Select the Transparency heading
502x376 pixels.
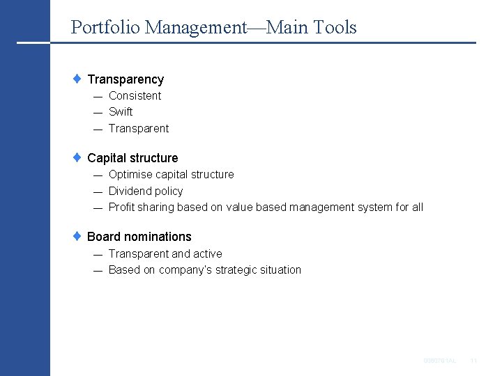125,79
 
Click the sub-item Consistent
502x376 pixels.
135,96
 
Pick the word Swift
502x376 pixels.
121,112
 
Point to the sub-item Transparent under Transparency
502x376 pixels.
139,129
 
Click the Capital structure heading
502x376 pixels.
132,158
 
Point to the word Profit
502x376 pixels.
121,207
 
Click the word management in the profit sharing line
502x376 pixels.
321,207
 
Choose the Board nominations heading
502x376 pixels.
139,237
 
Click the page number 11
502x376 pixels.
473,361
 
